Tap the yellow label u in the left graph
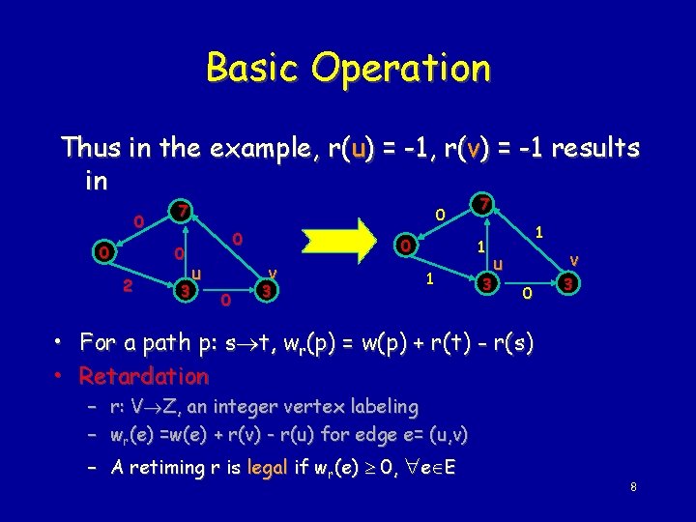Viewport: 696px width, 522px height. (x=196, y=274)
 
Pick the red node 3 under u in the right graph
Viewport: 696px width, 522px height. (x=489, y=283)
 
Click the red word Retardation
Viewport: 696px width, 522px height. (x=144, y=375)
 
